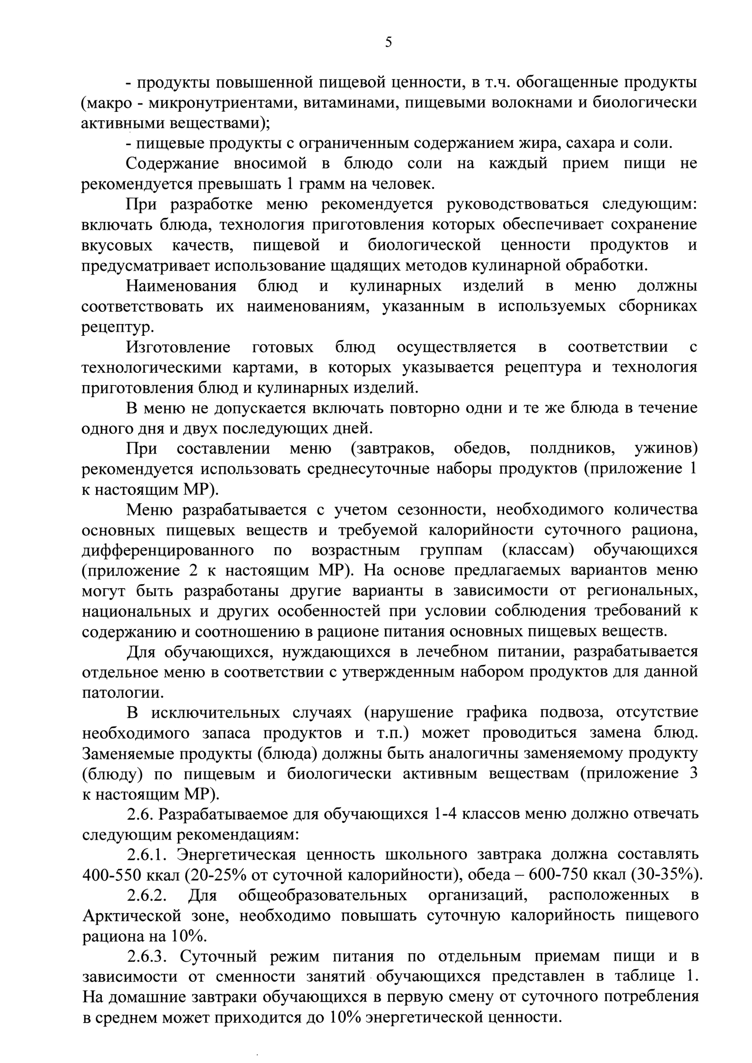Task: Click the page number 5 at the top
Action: pos(388,43)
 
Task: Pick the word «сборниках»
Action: pos(657,307)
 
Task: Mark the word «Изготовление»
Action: pos(178,347)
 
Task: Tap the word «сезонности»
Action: pos(442,510)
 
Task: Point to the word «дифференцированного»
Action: pos(167,550)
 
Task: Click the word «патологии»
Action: pos(123,693)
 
